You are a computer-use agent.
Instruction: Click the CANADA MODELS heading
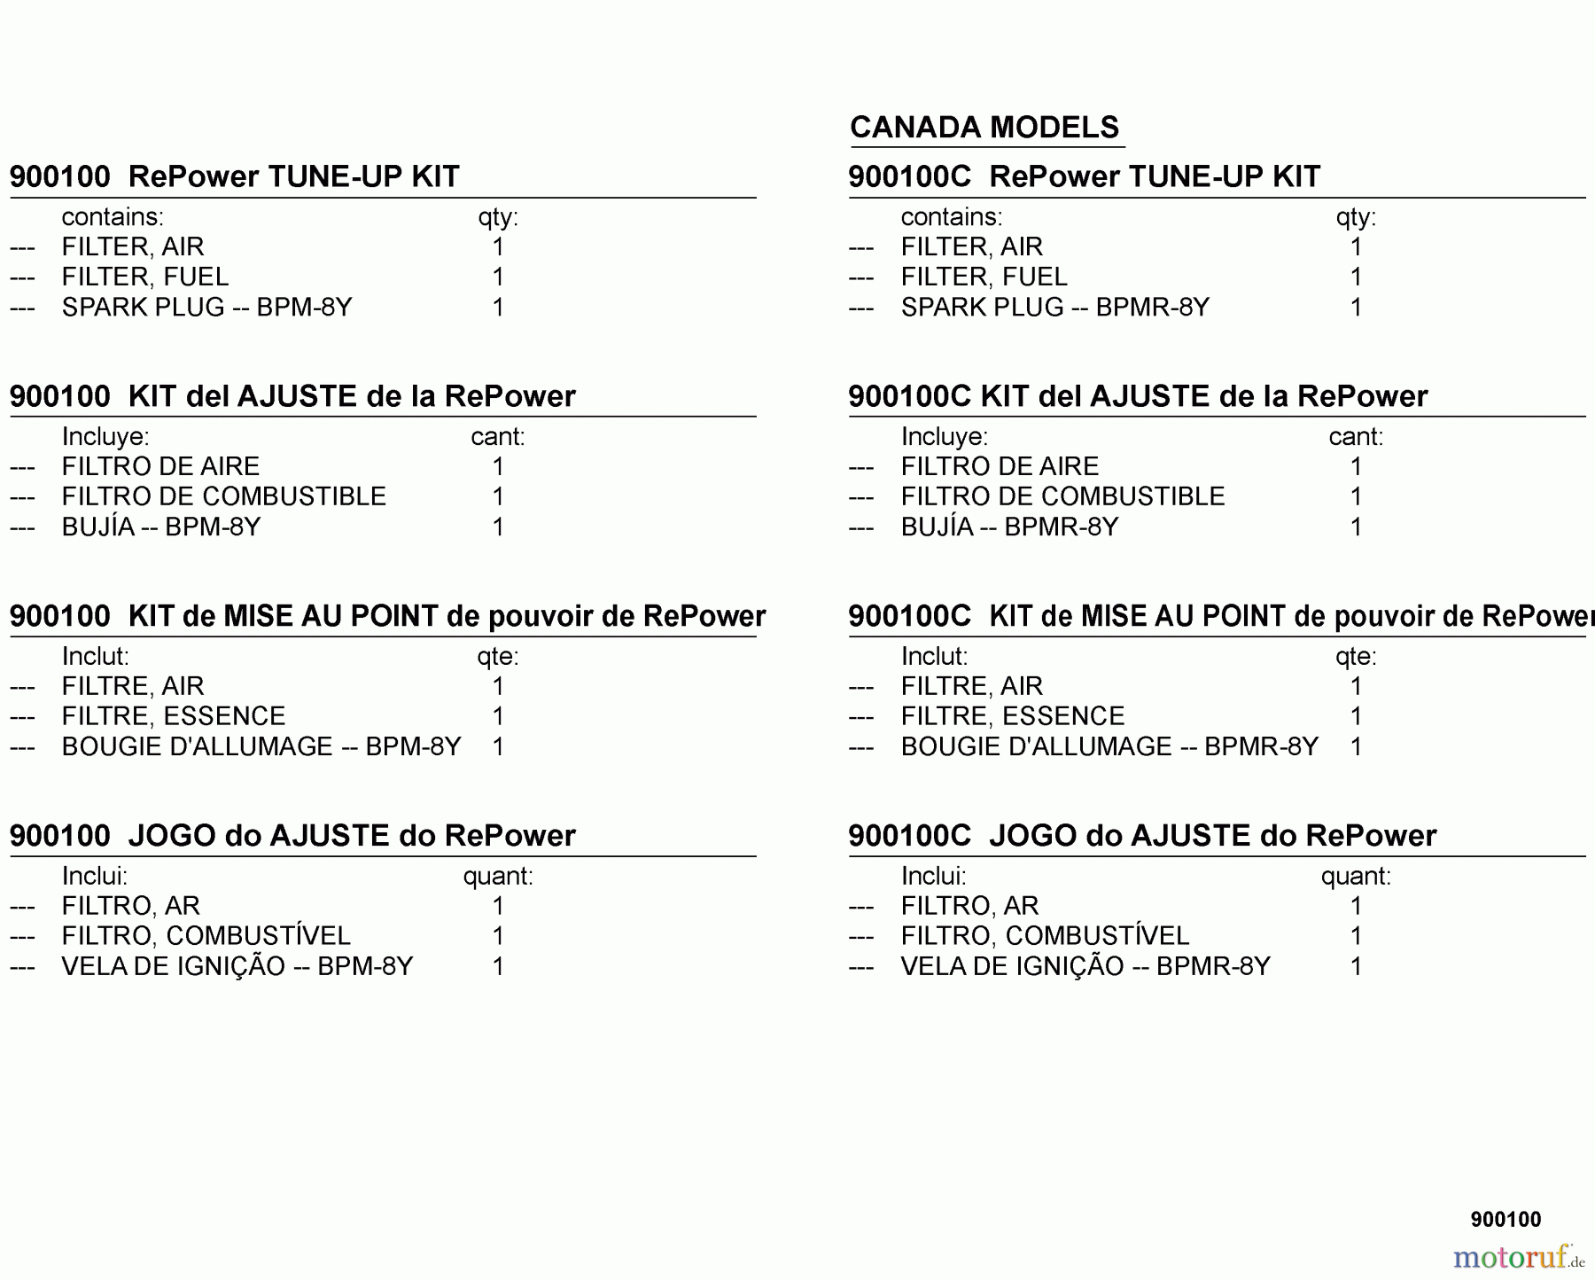984,128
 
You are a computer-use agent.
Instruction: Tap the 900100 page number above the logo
1506,1220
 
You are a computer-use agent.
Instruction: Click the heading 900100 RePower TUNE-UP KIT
235,176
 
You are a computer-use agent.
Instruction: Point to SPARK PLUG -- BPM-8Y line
206,308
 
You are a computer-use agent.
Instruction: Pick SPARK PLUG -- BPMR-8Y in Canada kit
1054,308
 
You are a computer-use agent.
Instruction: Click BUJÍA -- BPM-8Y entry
161,527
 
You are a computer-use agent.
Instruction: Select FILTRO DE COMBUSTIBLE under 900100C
1062,496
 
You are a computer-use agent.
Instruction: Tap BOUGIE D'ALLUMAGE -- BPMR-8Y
1109,747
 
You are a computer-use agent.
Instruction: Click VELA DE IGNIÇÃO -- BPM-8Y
237,966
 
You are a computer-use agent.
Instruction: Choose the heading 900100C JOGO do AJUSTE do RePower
1142,836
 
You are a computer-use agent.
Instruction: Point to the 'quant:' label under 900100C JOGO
1356,877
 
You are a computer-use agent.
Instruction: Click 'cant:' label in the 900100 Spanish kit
498,437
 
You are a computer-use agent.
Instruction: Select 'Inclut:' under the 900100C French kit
934,657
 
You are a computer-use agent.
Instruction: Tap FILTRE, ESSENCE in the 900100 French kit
174,716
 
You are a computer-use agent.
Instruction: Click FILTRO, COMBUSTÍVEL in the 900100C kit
1045,936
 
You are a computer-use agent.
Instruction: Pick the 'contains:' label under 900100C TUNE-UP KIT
952,217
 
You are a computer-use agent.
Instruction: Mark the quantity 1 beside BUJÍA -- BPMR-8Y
1356,527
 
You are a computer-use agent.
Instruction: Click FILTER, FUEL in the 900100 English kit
145,277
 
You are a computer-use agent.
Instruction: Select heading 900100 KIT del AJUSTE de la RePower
292,396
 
